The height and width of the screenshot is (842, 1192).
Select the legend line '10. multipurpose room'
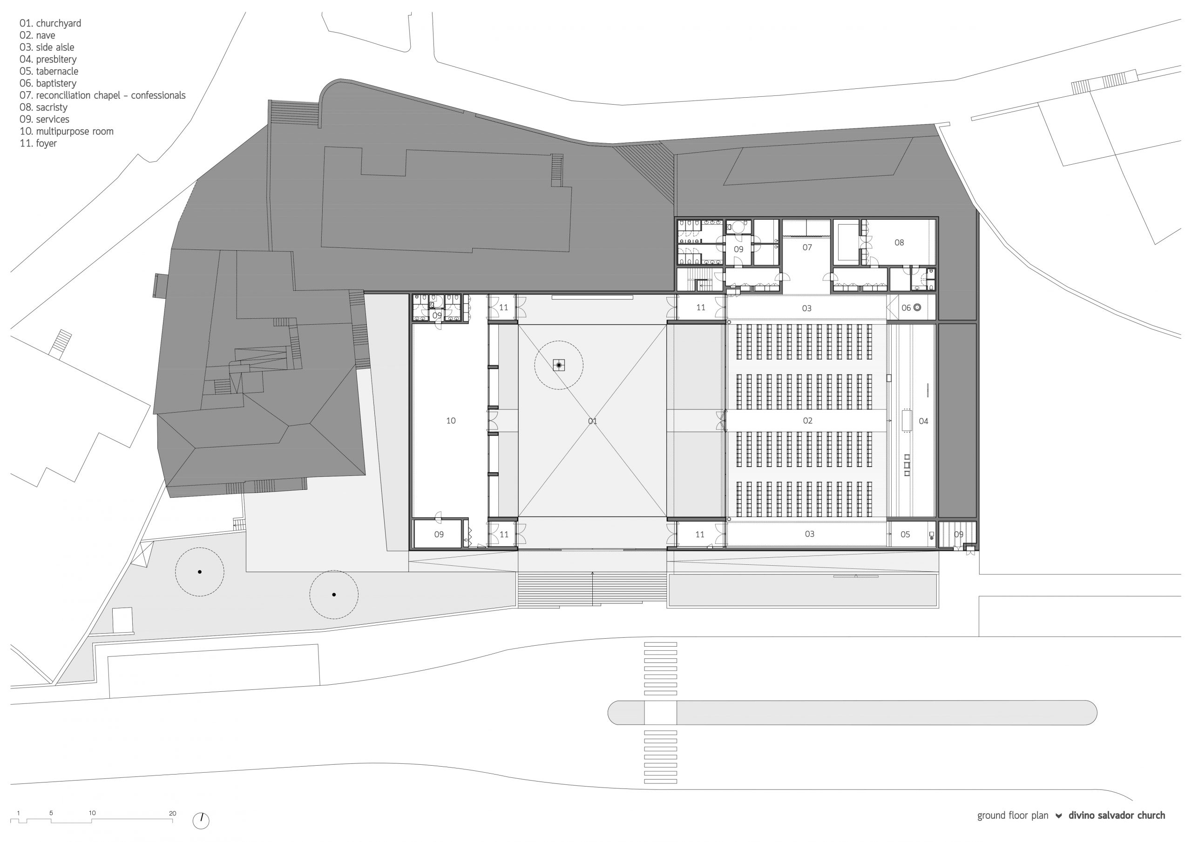tap(67, 131)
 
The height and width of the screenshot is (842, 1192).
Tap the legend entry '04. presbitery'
tap(48, 60)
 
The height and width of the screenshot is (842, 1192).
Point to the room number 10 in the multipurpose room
tap(451, 421)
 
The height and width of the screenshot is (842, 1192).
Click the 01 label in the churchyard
tap(592, 421)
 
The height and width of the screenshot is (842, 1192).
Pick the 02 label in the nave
tap(807, 421)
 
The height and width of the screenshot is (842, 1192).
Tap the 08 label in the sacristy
tap(899, 242)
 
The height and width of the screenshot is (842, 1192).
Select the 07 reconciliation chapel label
tap(807, 247)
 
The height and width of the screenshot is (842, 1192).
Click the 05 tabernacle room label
tap(905, 535)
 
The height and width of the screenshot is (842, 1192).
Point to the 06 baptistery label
tap(906, 307)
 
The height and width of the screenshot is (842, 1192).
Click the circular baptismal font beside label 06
tap(917, 307)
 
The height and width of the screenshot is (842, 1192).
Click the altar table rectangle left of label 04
tap(908, 421)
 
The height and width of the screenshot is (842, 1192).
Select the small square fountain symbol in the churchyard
tap(559, 366)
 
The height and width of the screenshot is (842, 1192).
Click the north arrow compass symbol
tap(201, 821)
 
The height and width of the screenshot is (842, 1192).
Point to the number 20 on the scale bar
tap(172, 814)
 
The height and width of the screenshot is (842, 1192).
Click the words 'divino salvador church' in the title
tap(1116, 815)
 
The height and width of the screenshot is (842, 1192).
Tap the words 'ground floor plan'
tap(1012, 816)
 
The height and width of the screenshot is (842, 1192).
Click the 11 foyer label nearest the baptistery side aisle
tap(700, 307)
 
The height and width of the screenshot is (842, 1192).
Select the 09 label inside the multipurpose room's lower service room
tap(439, 535)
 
